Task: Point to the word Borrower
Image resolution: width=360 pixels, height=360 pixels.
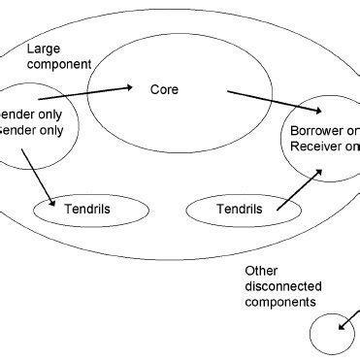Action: coord(318,131)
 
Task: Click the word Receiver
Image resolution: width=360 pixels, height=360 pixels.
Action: coord(318,147)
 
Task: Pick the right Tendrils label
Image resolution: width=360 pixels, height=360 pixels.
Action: coord(230,208)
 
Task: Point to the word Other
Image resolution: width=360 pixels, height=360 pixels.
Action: coord(261,271)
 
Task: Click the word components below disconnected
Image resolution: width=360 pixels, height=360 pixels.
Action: coord(279,302)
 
